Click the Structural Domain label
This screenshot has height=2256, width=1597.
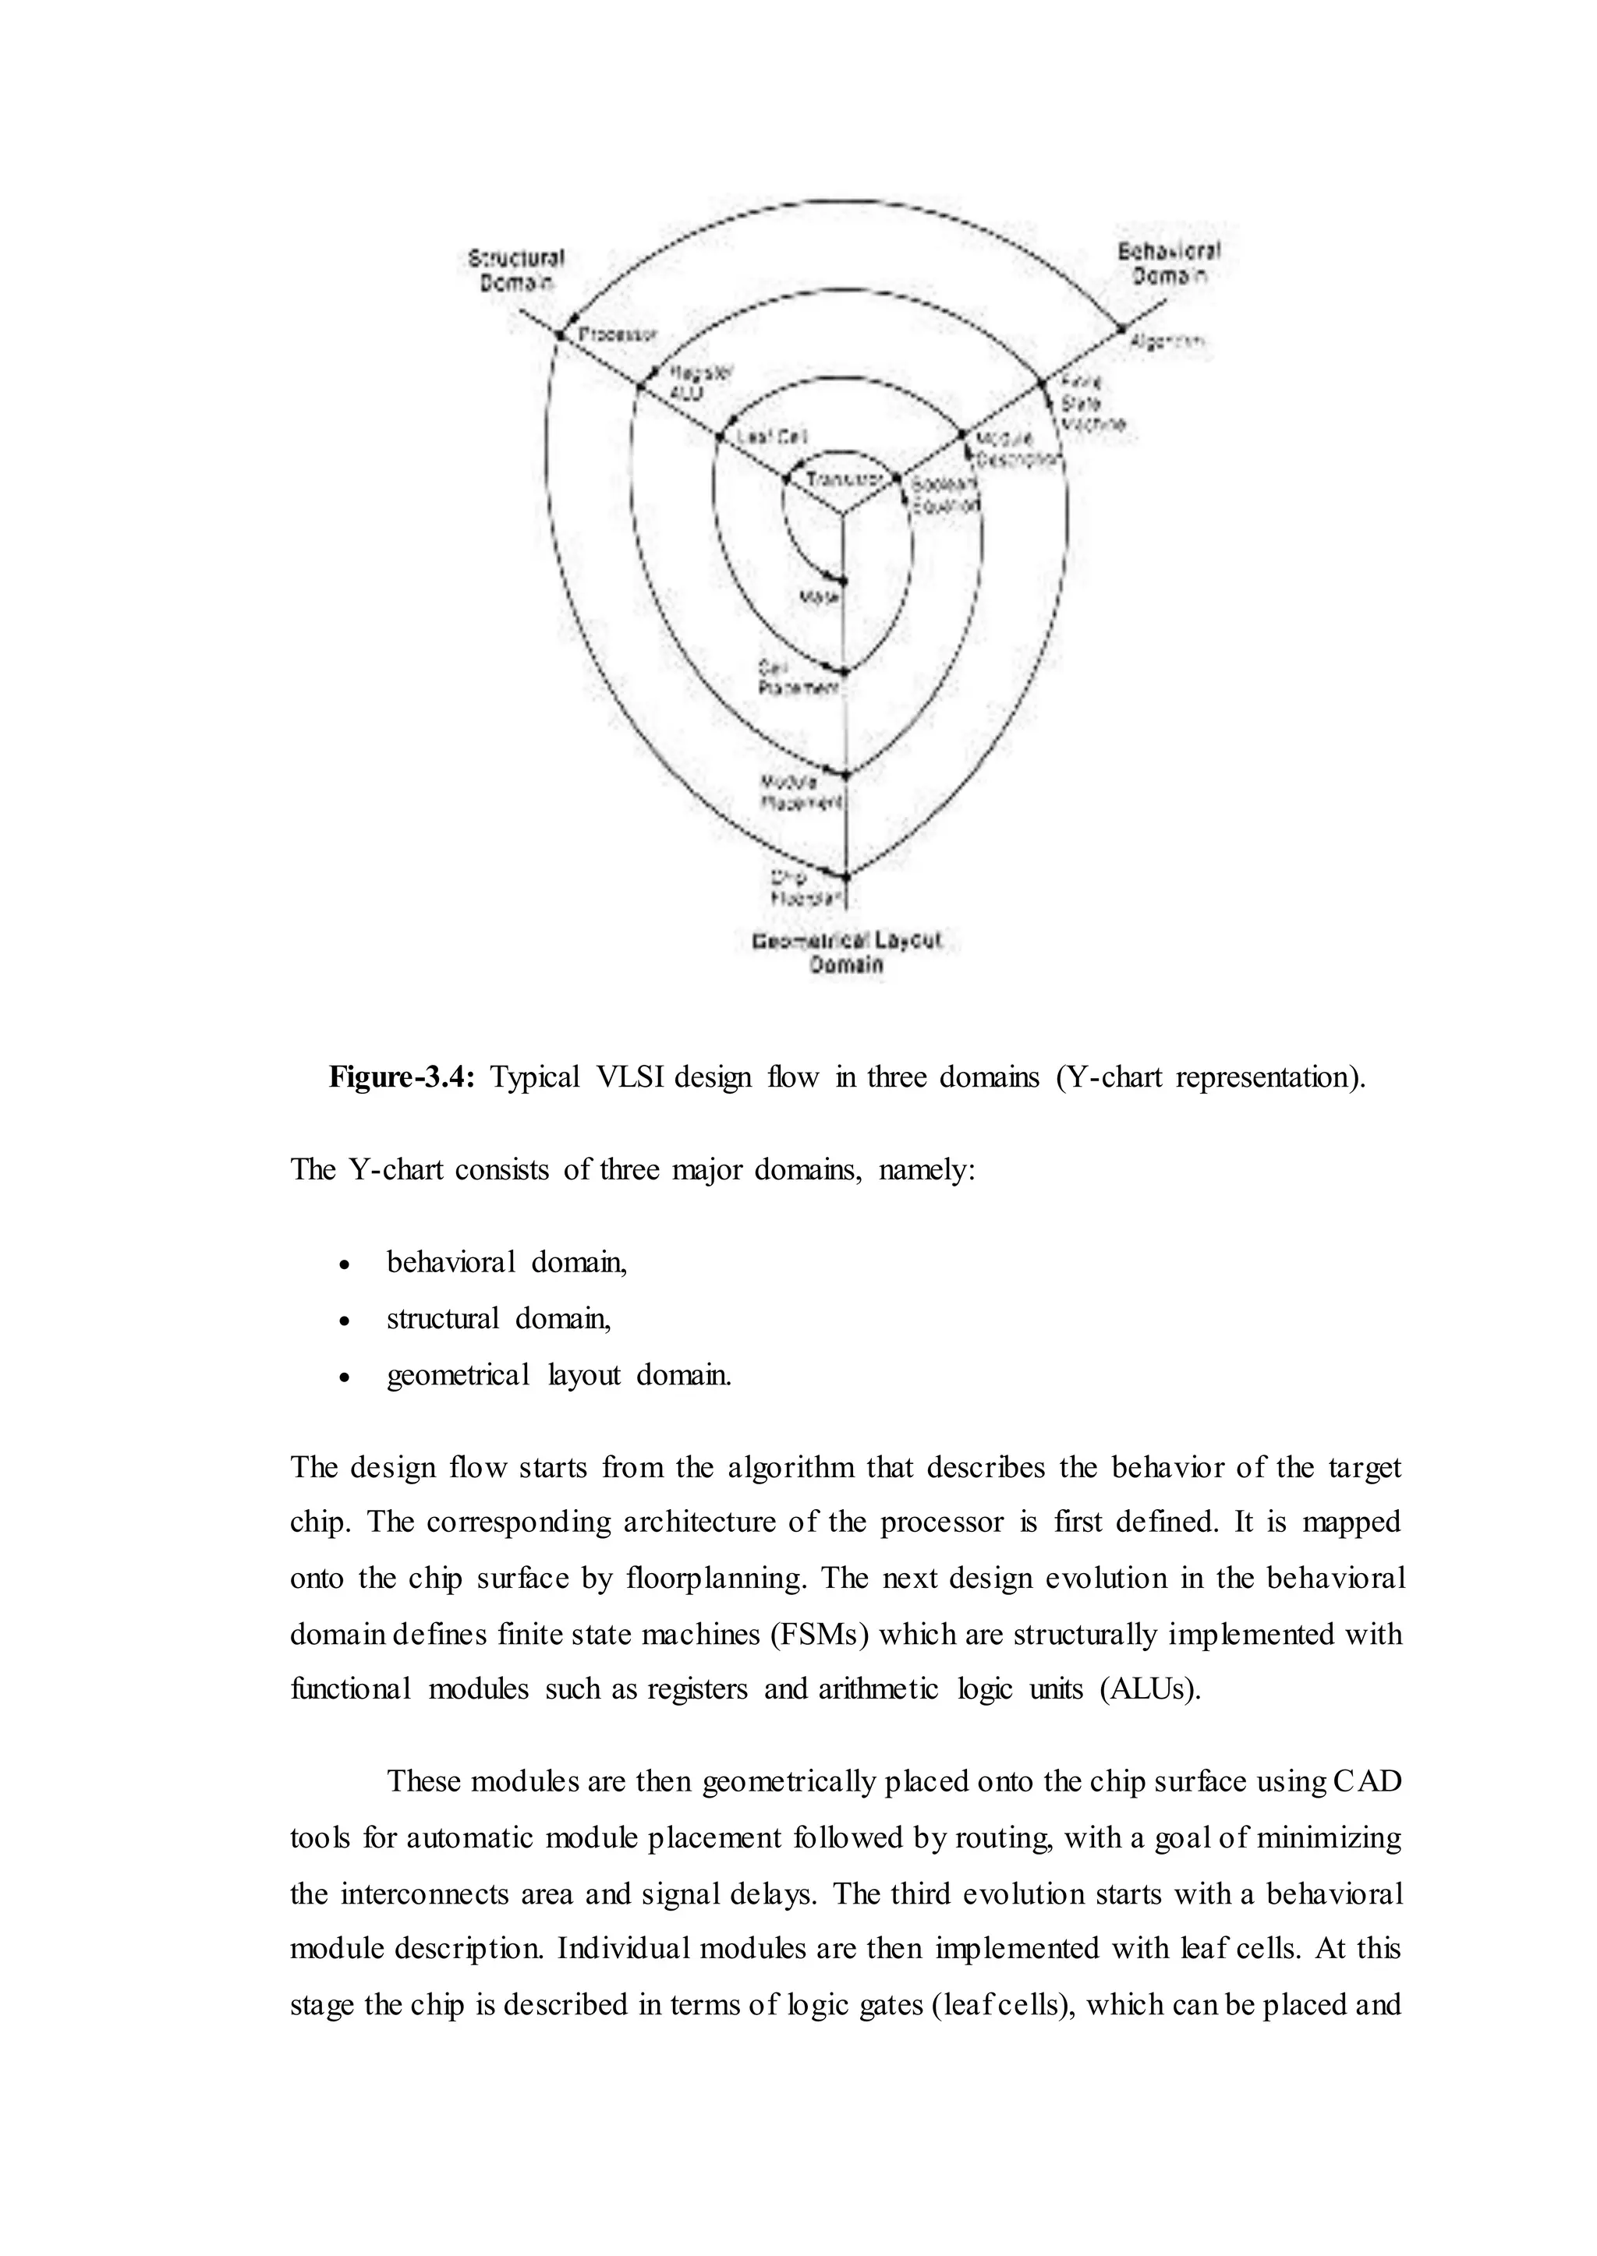tap(516, 271)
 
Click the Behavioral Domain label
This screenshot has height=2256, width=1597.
tap(1168, 263)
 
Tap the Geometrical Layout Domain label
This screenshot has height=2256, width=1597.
tap(847, 952)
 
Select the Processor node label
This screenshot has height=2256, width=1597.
tap(617, 335)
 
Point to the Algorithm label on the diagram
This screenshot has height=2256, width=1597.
tap(1167, 342)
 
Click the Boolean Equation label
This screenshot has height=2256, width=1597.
tap(944, 494)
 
